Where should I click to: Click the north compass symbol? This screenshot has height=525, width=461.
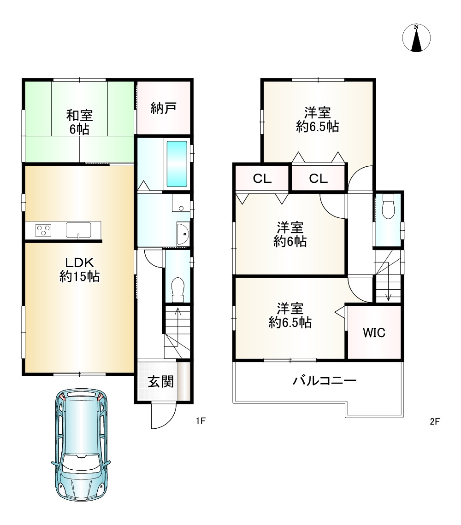coord(416,38)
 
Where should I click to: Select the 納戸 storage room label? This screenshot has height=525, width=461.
coord(163,108)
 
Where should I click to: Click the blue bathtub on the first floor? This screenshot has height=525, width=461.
coord(177,164)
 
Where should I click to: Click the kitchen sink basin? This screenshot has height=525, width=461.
coord(78,230)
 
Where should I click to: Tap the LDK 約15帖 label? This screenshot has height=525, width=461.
coord(79,269)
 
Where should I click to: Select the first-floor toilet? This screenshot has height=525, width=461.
coord(177,290)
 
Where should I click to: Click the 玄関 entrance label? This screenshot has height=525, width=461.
coord(161,381)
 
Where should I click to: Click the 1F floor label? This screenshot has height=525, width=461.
coord(201,421)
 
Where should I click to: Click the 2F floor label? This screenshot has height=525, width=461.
coord(435,421)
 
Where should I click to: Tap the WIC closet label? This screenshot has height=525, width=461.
coord(374,333)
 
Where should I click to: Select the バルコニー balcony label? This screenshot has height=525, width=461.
coord(325,381)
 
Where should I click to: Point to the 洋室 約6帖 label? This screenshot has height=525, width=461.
coord(290,234)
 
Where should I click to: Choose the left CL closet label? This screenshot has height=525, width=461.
coord(262,179)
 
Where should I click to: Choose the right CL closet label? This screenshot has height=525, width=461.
coord(318,179)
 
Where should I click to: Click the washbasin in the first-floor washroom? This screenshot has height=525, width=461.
coord(183,233)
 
